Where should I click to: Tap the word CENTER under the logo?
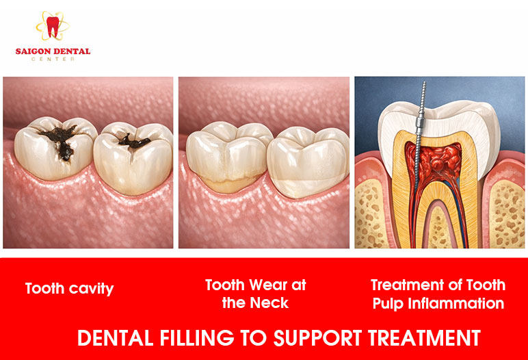pyautogui.click(x=53, y=59)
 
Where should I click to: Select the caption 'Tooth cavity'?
pyautogui.click(x=69, y=288)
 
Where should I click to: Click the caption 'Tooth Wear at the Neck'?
pyautogui.click(x=256, y=294)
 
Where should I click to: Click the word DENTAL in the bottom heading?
pyautogui.click(x=111, y=338)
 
